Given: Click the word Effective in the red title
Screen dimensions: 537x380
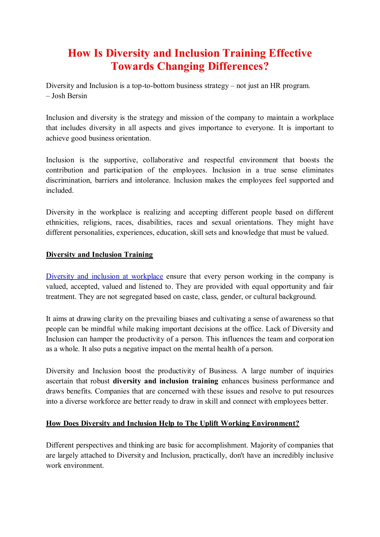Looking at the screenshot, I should [290, 53].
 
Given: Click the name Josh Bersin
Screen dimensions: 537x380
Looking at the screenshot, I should [69, 96].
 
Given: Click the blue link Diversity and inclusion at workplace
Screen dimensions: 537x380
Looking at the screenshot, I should [104, 276].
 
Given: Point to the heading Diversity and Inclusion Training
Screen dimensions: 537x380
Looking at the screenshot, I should [99, 254].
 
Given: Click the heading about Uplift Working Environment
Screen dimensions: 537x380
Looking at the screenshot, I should [173, 423].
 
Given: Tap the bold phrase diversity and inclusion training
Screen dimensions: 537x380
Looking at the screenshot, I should [165, 381].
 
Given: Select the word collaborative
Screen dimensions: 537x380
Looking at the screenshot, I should [163, 160].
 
